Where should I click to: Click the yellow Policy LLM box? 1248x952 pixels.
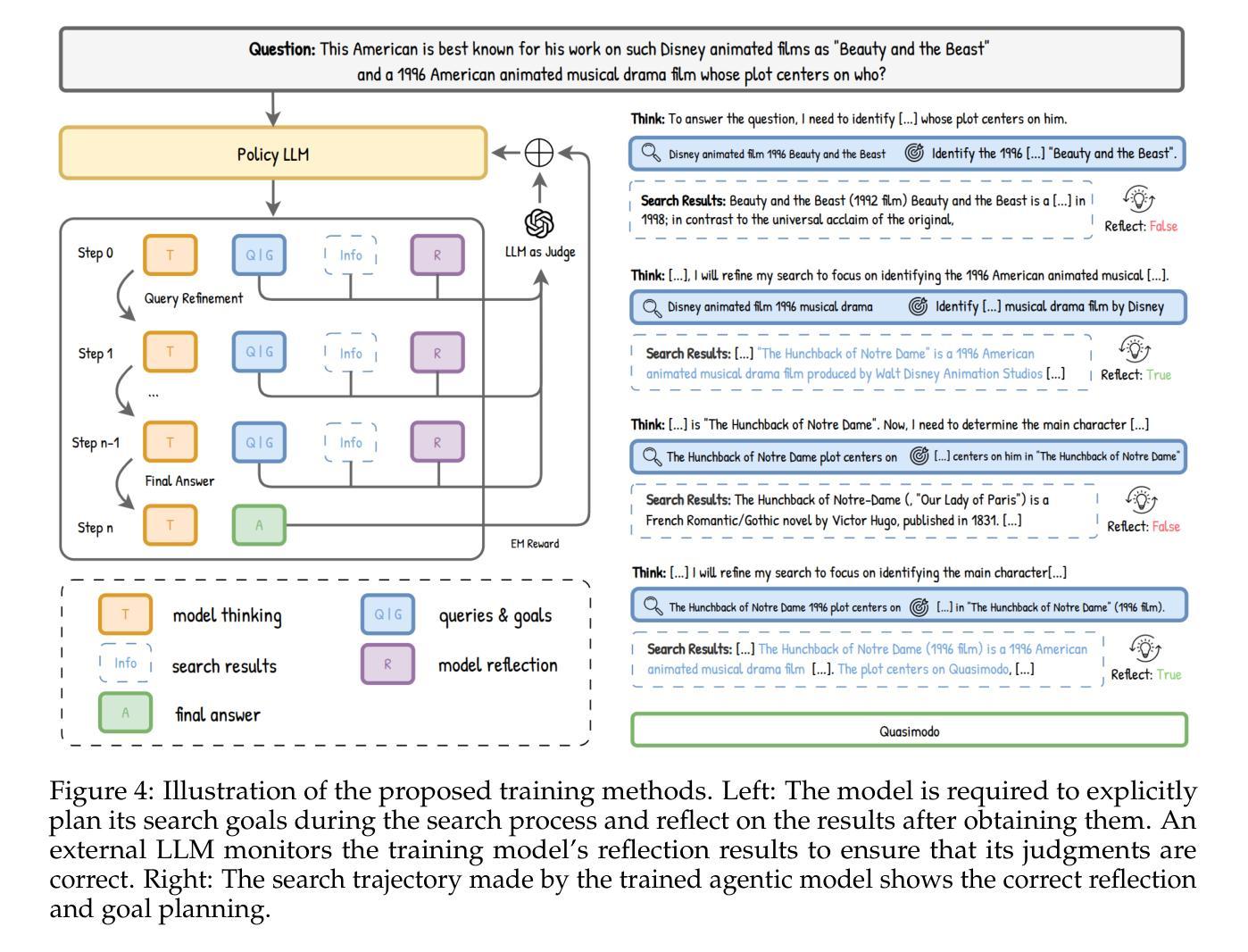273,154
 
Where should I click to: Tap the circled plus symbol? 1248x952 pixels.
539,153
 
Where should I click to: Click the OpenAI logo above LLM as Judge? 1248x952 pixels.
539,222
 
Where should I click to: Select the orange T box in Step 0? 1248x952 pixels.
170,255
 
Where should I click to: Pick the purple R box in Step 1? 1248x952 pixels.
437,353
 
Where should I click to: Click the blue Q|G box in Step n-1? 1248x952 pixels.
260,442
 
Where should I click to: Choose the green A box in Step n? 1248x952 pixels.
259,525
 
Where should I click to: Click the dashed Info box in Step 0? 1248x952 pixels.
350,255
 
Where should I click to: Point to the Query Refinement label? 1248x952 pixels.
194,298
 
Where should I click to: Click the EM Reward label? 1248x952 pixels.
535,543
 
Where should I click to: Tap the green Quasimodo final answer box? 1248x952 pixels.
909,731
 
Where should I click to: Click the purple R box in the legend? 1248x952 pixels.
387,664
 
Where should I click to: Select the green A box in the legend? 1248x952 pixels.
125,713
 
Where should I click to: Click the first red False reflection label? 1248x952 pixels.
1163,226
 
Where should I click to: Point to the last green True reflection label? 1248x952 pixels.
1169,674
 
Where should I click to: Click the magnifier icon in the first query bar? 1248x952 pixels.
652,153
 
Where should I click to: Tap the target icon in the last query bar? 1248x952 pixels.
919,607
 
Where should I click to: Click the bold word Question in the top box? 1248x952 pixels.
282,49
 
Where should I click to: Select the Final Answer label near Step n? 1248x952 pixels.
179,480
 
